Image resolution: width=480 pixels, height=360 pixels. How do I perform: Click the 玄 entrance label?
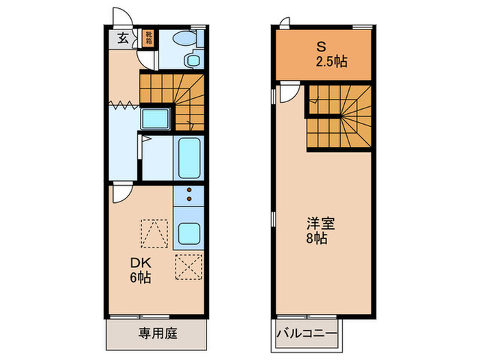(x=122, y=38)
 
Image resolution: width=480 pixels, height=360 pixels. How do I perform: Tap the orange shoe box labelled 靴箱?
(x=148, y=38)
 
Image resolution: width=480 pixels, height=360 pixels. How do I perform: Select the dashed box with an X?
(x=188, y=266)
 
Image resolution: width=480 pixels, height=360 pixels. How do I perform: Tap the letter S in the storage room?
(x=320, y=47)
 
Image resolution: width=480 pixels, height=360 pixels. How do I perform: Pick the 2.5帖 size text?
(x=331, y=61)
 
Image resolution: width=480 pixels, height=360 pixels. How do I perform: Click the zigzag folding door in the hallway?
(x=123, y=105)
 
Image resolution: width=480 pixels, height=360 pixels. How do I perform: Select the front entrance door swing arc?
(x=120, y=17)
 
